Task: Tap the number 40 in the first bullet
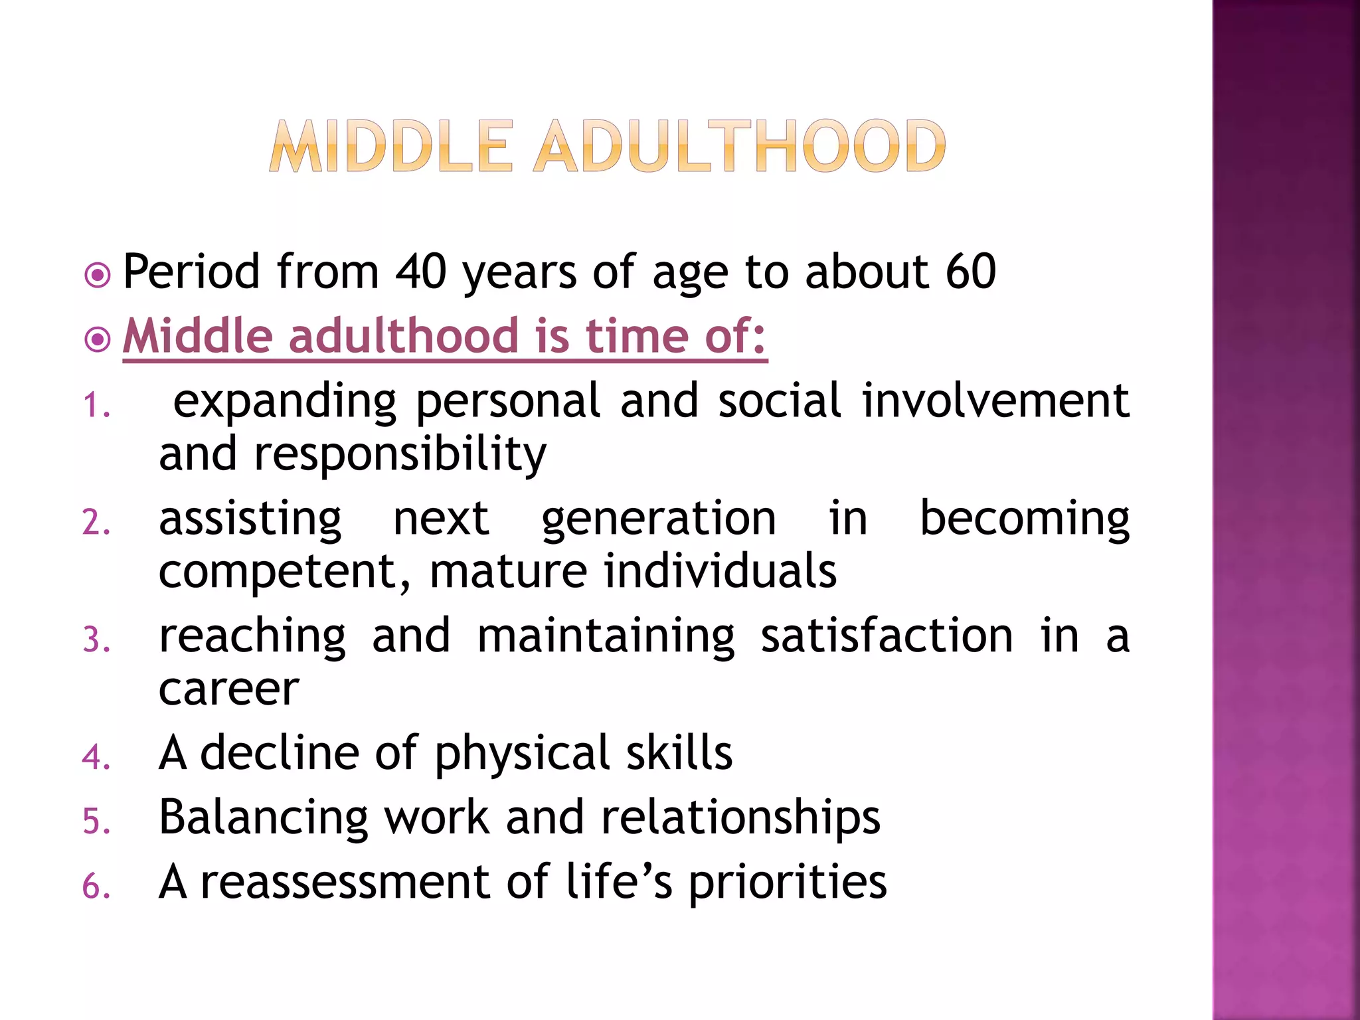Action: (x=420, y=272)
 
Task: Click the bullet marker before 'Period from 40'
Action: (x=98, y=274)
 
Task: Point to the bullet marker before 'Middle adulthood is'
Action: (x=98, y=340)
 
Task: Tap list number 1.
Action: (x=96, y=405)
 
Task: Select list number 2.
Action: (x=96, y=523)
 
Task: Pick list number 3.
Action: (x=96, y=640)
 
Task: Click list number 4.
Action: (x=96, y=758)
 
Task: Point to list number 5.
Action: (x=96, y=822)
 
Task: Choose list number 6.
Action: (x=96, y=887)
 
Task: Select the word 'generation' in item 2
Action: (x=659, y=519)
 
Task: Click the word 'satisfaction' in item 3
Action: (x=887, y=636)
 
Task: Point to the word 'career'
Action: (x=229, y=689)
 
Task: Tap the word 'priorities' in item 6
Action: (x=788, y=883)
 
